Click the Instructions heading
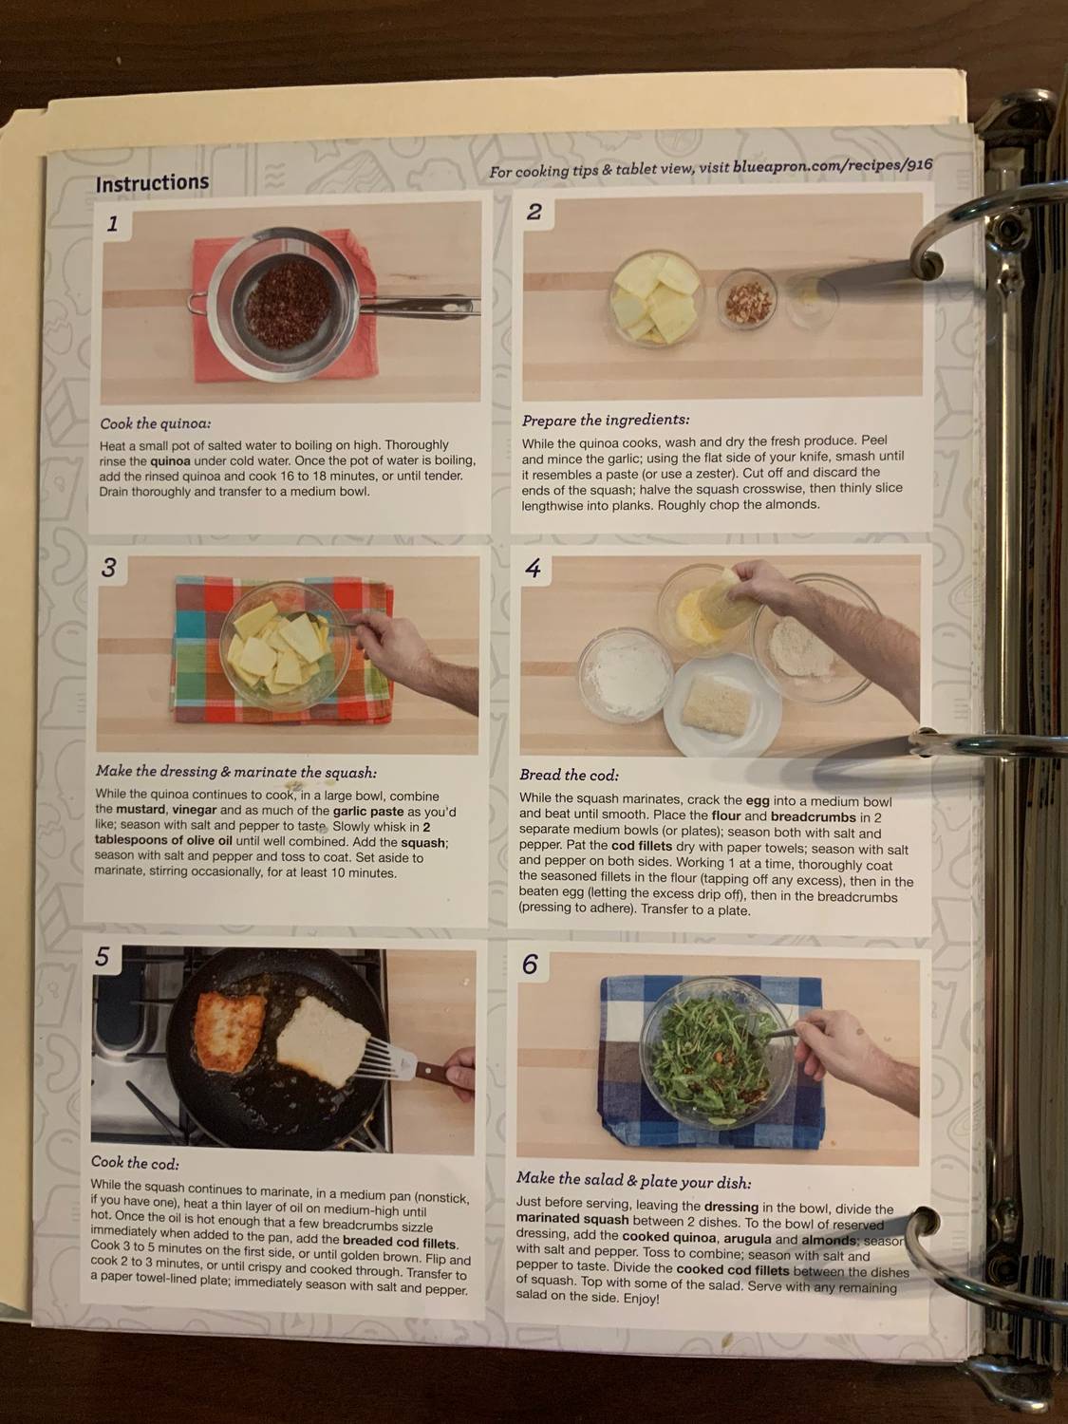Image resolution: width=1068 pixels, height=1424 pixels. tap(152, 183)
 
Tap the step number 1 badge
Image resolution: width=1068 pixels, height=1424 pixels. tap(113, 225)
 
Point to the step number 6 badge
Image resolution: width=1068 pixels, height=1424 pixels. tap(530, 965)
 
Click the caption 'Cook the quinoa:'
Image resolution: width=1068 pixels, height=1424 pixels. tap(156, 423)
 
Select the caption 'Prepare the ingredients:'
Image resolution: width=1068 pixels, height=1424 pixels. tap(606, 420)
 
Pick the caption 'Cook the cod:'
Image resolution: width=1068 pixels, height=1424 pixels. tap(135, 1162)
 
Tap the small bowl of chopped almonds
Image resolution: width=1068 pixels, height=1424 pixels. tap(746, 298)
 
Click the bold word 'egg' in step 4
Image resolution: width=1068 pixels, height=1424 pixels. tap(759, 800)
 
